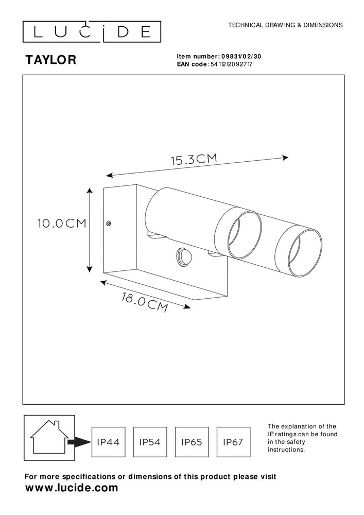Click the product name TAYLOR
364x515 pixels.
(51, 60)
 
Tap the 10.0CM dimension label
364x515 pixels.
(61, 224)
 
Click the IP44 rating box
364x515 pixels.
(108, 442)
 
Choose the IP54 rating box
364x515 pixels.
(150, 442)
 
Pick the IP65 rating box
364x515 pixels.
(192, 442)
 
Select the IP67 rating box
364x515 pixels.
(234, 442)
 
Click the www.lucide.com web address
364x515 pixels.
(72, 488)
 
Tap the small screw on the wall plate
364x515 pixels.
(109, 223)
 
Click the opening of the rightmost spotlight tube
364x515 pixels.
(304, 255)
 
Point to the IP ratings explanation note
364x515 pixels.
(302, 438)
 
